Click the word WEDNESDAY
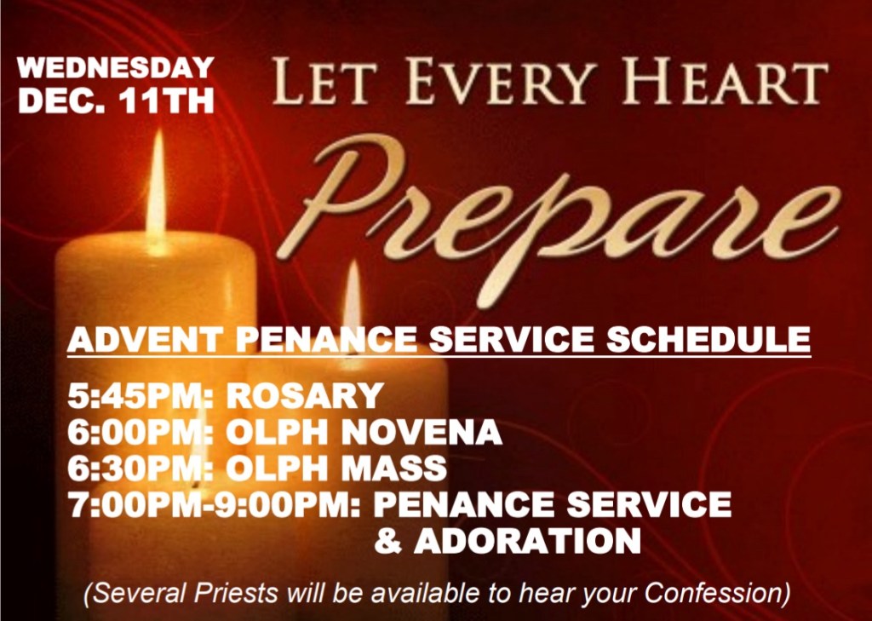point(116,68)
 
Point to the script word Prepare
point(556,217)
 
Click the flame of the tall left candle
point(157,187)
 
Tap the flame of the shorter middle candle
point(352,297)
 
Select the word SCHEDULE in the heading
point(708,339)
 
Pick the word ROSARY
point(305,395)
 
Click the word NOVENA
point(422,432)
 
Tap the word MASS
point(393,468)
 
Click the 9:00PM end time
point(288,504)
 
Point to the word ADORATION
point(527,541)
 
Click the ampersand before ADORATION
point(388,541)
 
